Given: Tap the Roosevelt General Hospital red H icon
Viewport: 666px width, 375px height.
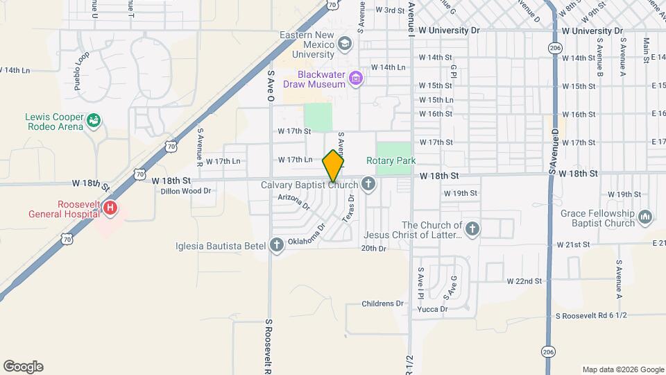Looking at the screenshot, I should click(x=109, y=207).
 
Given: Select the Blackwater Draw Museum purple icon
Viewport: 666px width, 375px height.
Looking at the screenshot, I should click(x=356, y=77).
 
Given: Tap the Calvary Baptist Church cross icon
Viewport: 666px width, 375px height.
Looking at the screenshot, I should click(x=368, y=185).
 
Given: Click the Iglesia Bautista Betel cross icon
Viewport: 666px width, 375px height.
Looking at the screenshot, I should click(x=277, y=244).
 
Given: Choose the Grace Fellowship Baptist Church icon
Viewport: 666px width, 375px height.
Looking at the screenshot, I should click(x=646, y=217).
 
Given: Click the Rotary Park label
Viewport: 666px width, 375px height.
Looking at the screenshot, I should click(x=396, y=160).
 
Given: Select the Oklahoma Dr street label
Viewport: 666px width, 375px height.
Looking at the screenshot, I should click(x=307, y=234).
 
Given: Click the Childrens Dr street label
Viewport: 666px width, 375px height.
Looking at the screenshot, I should click(x=384, y=303).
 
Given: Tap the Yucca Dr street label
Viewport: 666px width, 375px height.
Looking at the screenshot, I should click(x=432, y=309).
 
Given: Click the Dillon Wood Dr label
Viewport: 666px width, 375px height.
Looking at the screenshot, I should click(x=185, y=190).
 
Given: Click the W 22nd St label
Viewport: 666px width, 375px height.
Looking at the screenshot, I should click(x=524, y=281).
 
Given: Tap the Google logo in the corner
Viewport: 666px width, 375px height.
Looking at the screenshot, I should click(x=23, y=367).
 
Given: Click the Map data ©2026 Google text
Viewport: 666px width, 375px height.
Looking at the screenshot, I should click(x=623, y=369).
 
